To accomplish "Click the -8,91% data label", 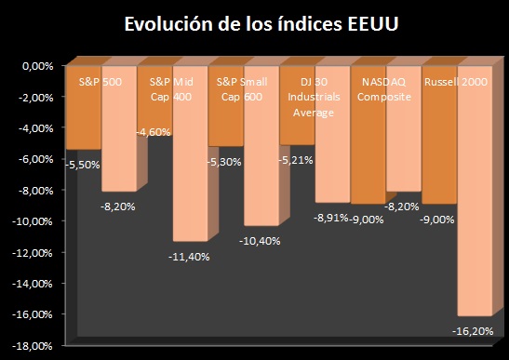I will click(x=330, y=217).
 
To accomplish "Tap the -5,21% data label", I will click(x=298, y=159).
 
